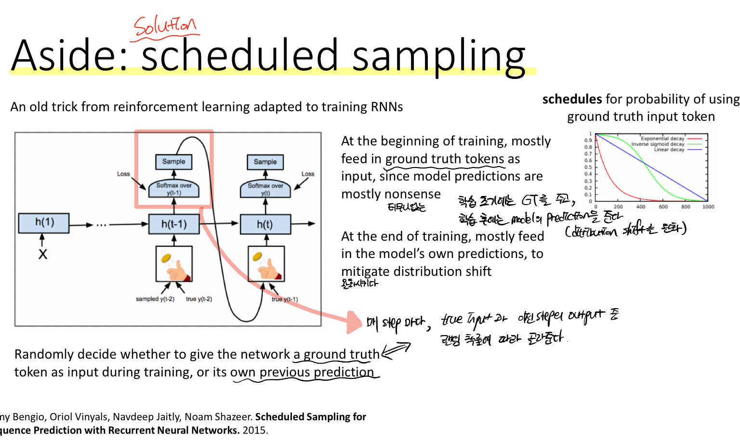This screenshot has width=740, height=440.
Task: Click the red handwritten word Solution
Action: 165,26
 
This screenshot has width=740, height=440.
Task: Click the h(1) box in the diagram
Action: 44,223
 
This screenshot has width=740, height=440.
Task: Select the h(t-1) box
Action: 174,224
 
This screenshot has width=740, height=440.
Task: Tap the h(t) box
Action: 264,224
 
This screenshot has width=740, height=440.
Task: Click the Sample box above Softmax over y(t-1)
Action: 173,162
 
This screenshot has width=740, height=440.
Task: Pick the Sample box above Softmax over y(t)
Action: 265,162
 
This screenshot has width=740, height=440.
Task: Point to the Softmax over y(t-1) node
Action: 174,189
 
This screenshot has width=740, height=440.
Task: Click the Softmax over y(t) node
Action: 265,189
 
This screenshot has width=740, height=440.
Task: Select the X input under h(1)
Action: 43,254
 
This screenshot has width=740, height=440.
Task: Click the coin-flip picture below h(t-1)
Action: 174,264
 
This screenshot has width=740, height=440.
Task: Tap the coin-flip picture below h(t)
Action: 266,264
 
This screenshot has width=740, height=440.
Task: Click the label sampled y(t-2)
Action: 154,299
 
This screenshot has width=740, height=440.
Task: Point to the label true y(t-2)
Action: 199,299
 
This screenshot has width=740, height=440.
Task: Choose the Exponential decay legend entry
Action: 662,139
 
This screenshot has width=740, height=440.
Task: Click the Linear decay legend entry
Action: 669,150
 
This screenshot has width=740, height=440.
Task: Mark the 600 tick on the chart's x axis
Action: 663,207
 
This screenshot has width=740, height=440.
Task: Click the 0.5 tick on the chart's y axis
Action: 588,168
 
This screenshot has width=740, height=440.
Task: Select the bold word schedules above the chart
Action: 572,99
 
